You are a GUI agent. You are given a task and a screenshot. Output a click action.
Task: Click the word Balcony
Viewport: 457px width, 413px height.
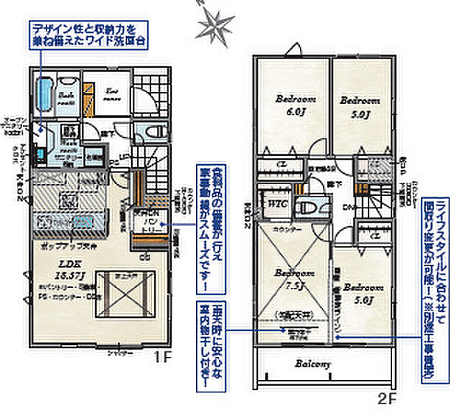click(313, 364)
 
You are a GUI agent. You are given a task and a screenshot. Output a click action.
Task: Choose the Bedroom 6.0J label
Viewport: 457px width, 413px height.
click(295, 105)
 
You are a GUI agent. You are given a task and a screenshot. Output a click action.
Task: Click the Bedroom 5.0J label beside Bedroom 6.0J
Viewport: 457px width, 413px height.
click(359, 105)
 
